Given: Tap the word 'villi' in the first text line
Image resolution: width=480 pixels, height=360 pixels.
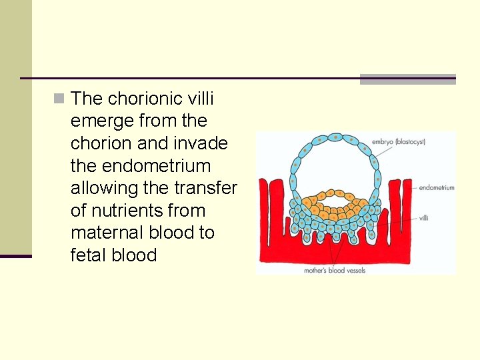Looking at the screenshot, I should (201, 99).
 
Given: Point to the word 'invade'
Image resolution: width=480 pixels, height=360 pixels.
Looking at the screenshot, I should (200, 143).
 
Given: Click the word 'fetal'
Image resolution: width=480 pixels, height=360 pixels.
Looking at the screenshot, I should (89, 255).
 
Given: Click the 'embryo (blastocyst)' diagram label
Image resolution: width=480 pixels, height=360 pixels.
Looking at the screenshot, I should (399, 141).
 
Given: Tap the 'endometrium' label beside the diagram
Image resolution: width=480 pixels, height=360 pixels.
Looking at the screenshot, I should (437, 187).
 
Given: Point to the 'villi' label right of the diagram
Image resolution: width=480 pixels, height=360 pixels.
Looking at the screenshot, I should (425, 218).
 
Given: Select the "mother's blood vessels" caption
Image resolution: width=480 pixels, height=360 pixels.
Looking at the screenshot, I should (335, 271).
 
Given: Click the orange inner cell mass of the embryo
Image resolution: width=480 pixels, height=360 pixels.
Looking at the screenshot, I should (337, 200).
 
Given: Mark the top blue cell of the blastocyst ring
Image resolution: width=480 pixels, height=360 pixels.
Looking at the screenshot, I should (337, 138).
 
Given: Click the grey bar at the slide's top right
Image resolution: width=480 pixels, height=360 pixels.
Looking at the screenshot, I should (407, 79).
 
